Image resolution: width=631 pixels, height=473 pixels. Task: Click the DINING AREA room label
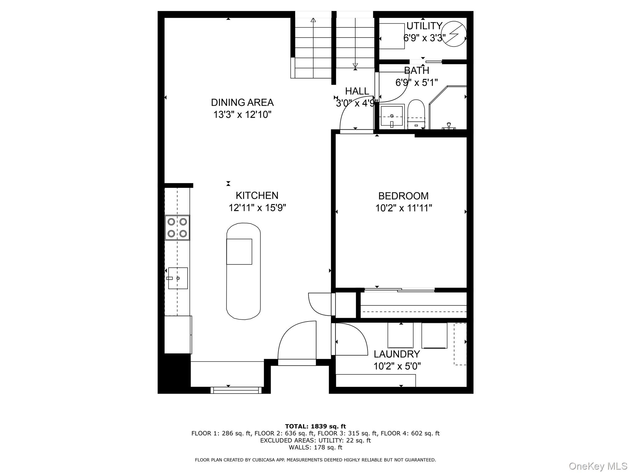[242, 102]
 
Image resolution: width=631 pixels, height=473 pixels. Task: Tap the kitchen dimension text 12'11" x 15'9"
[257, 208]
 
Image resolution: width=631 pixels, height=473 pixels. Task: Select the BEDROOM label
[403, 196]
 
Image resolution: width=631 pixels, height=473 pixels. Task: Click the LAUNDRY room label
[397, 354]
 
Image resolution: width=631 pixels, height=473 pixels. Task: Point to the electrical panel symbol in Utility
[454, 34]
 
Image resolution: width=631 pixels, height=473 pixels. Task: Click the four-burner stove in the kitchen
[177, 228]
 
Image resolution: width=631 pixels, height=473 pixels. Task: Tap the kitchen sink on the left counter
[178, 278]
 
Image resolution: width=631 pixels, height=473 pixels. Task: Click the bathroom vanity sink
[392, 116]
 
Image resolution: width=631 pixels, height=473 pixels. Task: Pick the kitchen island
[243, 271]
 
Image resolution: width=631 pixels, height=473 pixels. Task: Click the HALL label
[357, 91]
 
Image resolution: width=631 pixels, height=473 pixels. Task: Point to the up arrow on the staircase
[313, 21]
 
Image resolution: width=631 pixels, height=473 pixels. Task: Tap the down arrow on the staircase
[355, 65]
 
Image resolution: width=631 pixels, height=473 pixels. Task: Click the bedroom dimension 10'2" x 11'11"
[404, 208]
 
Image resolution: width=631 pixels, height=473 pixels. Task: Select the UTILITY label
[424, 26]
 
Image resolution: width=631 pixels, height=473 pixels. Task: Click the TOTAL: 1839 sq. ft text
[315, 426]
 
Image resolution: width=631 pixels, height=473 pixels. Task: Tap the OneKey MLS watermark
[598, 466]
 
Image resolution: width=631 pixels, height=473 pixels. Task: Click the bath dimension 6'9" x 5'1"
[417, 83]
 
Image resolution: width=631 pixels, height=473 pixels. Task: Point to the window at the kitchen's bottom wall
[236, 390]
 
